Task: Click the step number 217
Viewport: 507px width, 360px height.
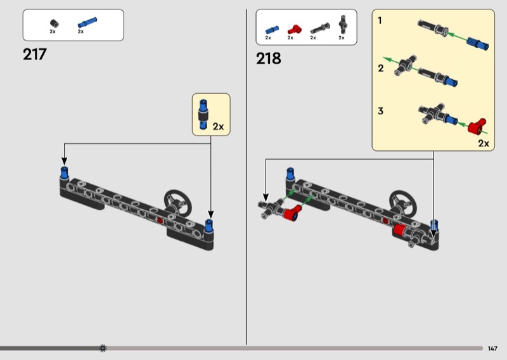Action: coord(35,55)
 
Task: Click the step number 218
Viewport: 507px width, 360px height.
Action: coord(268,58)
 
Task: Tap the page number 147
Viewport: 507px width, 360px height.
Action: coord(492,349)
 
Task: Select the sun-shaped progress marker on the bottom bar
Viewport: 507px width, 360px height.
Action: coord(103,348)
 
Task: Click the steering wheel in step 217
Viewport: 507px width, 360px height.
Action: coord(177,202)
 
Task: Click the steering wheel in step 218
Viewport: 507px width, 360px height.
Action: coord(402,203)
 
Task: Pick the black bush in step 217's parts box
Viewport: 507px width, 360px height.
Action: coord(55,23)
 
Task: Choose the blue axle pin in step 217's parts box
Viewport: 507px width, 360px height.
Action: coord(87,23)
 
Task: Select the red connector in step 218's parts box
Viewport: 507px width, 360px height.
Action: coord(294,29)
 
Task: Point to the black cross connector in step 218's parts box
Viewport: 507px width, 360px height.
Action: coord(343,24)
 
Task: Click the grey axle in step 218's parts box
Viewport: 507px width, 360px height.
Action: coord(320,29)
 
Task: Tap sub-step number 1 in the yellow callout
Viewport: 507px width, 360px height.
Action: coord(380,21)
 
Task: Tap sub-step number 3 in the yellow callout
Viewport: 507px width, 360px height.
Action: coord(381,111)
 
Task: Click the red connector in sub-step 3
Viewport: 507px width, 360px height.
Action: coord(477,126)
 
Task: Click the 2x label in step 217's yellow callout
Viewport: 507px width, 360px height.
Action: coord(218,127)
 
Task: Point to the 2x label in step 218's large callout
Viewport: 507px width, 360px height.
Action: coord(484,143)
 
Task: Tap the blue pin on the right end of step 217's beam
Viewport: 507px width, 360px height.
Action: coord(209,226)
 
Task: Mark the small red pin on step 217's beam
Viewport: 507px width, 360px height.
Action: coord(160,221)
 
